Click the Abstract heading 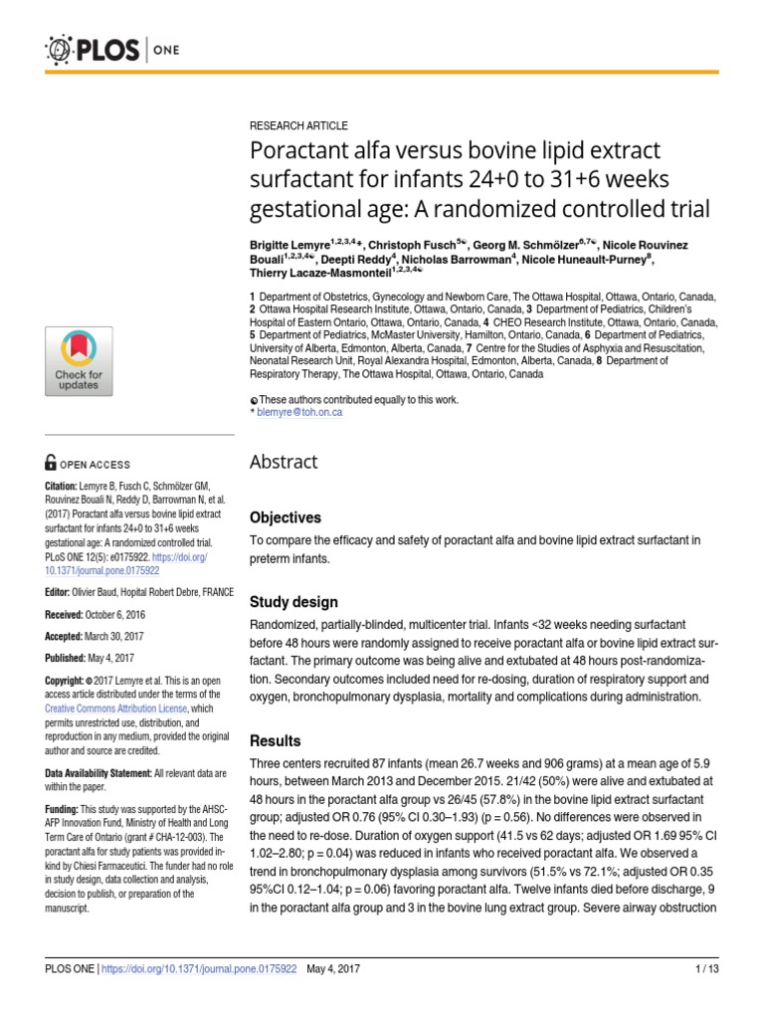(284, 462)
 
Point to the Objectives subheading (285, 517)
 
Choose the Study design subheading (292, 602)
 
